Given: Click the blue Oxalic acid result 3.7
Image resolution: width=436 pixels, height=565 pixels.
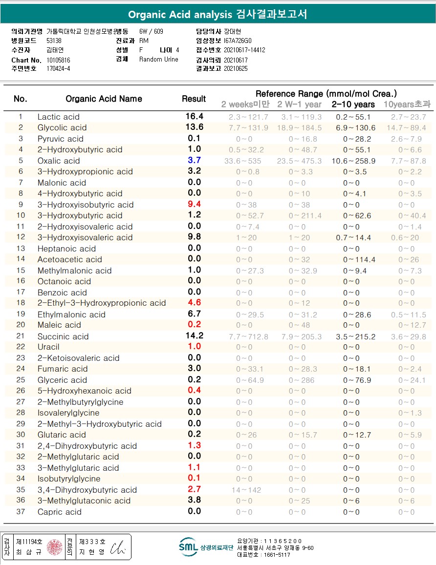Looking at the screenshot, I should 194,160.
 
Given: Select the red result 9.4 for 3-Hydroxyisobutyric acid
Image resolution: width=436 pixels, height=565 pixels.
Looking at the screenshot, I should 194,204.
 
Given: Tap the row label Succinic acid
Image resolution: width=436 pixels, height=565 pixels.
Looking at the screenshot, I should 63,336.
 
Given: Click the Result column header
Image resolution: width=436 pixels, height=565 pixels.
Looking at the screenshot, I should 194,99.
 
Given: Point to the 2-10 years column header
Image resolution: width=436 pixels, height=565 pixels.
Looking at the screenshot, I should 353,104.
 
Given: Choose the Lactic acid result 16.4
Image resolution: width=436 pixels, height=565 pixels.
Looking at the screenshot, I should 194,116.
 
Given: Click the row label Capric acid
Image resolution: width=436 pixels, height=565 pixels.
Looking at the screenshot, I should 60,512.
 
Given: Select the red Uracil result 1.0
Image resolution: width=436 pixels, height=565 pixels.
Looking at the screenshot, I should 194,346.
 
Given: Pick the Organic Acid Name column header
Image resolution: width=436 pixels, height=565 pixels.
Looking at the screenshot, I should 104,99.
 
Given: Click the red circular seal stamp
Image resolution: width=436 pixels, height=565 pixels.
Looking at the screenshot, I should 55,547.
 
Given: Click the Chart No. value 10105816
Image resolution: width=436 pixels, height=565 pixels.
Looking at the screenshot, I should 58,60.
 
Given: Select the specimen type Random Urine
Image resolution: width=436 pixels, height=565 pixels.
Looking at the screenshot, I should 159,59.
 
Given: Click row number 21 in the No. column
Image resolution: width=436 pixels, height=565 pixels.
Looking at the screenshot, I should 20,335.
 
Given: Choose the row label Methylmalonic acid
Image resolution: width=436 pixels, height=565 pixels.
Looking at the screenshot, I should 74,271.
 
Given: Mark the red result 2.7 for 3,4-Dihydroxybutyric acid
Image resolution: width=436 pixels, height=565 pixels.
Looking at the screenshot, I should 194,489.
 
